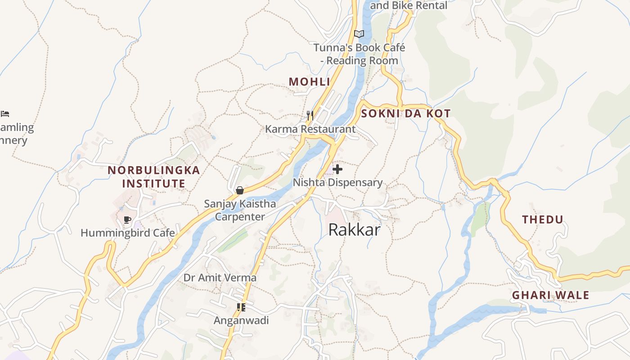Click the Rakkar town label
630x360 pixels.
pos(354,229)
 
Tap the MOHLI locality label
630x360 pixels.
pos(309,82)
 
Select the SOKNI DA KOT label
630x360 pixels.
pos(405,113)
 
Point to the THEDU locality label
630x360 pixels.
pos(542,220)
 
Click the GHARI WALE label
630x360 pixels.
pos(550,295)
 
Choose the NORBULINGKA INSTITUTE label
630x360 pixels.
pos(154,177)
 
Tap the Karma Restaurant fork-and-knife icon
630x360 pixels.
pos(310,116)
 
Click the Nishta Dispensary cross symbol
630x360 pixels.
pos(337,169)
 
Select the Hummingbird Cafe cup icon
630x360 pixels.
pos(127,220)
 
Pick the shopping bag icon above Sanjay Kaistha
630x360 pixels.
pos(239,190)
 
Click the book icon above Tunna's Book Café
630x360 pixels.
pos(359,34)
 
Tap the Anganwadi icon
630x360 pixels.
pos(241,307)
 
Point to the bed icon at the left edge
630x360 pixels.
pos(5,114)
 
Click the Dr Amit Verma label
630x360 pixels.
pos(220,278)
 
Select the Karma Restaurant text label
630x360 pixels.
pos(310,129)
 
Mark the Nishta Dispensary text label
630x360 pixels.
pos(337,182)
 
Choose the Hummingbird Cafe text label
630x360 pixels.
pos(127,233)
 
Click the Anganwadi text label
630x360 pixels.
pos(241,320)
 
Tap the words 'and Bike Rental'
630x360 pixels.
pos(408,5)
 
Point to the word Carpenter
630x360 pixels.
pos(240,216)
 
